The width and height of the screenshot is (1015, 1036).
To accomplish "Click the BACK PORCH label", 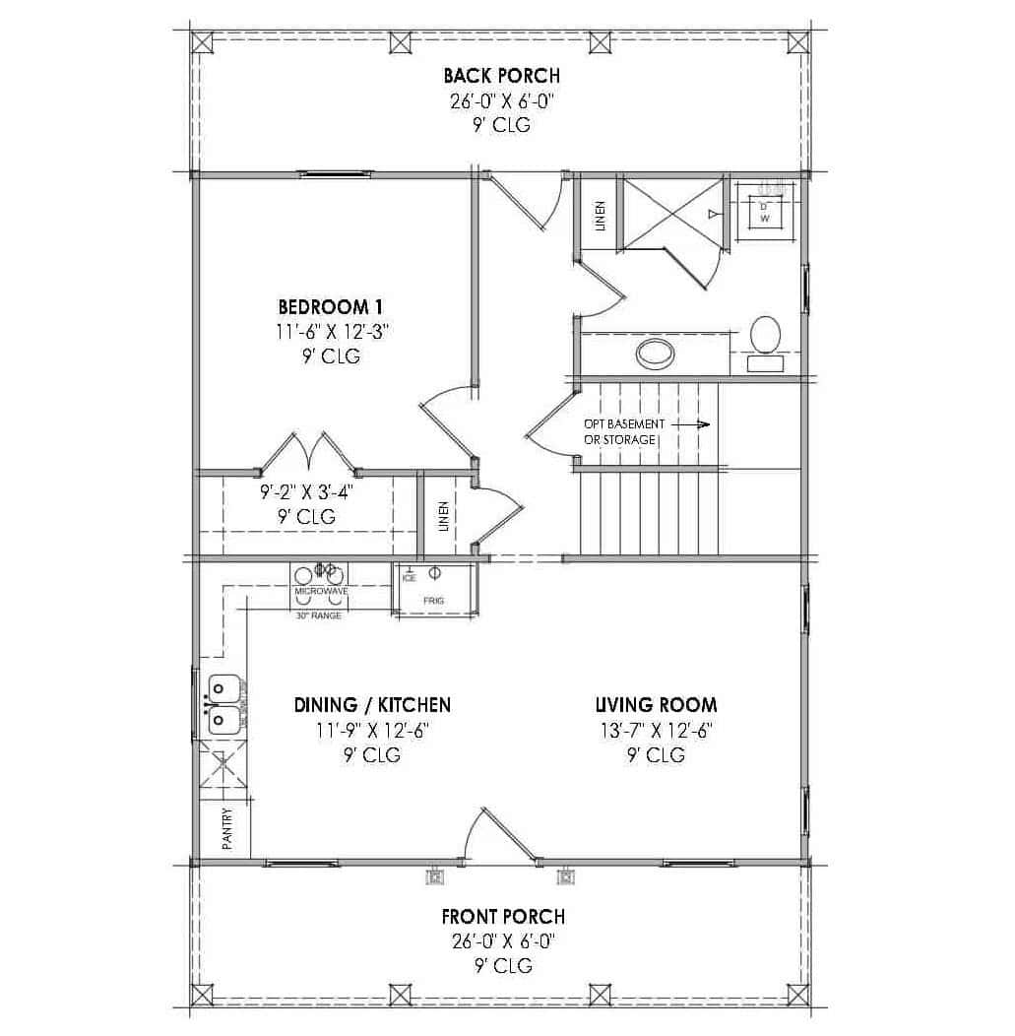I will pyautogui.click(x=501, y=76).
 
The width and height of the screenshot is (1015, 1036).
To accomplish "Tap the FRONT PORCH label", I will pyautogui.click(x=502, y=917).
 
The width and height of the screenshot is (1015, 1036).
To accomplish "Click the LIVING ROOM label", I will pyautogui.click(x=655, y=705).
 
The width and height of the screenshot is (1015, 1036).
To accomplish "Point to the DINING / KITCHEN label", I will pyautogui.click(x=372, y=705).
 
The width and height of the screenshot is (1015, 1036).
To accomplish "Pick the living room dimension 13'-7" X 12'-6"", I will pyautogui.click(x=655, y=731).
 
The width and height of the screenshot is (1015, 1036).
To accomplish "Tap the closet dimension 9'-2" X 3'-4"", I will pyautogui.click(x=305, y=489).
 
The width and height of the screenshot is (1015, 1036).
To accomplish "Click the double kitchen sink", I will pyautogui.click(x=222, y=704).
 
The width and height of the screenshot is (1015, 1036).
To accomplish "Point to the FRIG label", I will pyautogui.click(x=434, y=600).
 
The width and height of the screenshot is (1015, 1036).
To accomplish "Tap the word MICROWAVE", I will pyautogui.click(x=321, y=591).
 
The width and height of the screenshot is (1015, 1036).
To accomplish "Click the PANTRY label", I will pyautogui.click(x=227, y=829).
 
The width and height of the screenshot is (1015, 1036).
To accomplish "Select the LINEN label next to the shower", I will pyautogui.click(x=600, y=217).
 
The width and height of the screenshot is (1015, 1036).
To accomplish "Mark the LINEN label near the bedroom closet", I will pyautogui.click(x=444, y=517).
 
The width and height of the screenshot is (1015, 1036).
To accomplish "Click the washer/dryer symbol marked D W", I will pyautogui.click(x=764, y=213).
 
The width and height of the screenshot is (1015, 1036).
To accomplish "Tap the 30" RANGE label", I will pyautogui.click(x=318, y=615).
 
